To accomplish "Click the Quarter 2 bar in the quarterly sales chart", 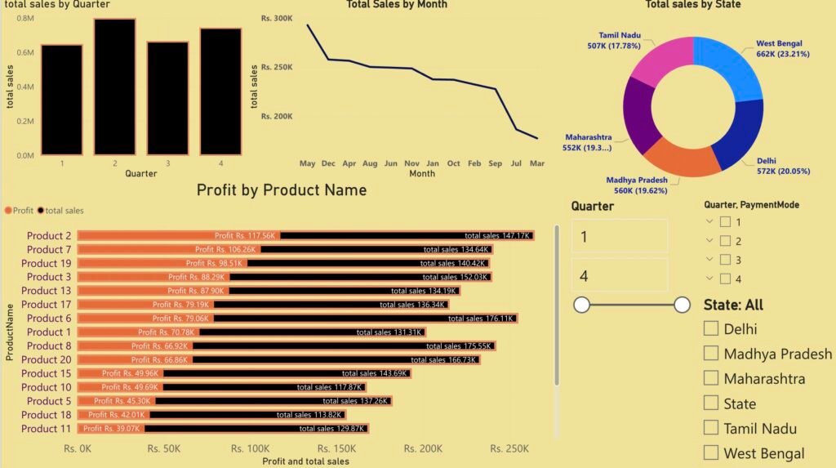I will coord(113,86).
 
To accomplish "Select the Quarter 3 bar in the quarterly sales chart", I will coord(167,98).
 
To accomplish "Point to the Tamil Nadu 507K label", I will coord(620,41).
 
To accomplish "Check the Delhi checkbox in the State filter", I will coord(711,328).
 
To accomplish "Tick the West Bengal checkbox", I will coord(711,452).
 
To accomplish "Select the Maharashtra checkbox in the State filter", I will coord(711,378).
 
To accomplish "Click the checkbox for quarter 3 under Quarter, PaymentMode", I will coord(725,260).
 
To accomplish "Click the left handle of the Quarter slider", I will coord(582,305).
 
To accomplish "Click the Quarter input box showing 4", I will coord(620,276).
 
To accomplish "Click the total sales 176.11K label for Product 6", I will coord(480,319).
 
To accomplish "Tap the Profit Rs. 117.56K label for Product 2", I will coord(246,235).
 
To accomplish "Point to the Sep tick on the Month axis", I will coord(495,163).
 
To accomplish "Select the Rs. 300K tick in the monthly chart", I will coord(277,18).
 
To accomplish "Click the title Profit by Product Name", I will coord(282,190).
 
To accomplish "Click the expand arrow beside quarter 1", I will coord(709,222).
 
